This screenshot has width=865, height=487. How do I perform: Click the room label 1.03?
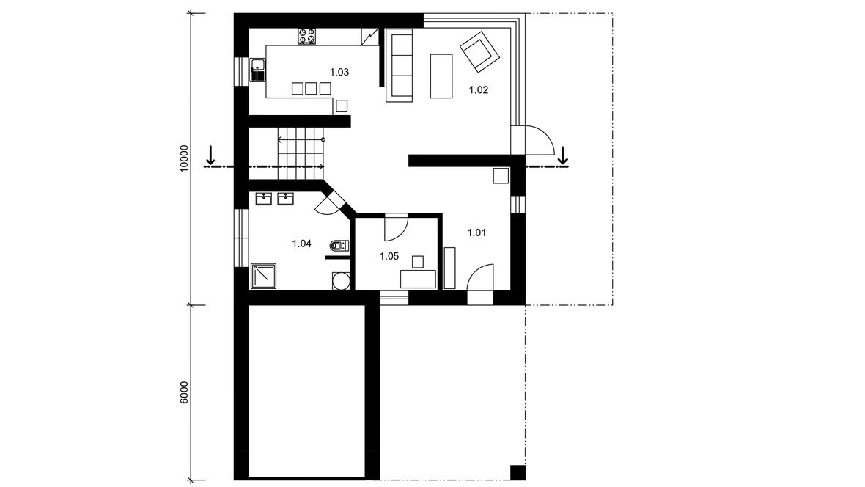click(x=339, y=72)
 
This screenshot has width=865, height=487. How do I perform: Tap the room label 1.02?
click(x=478, y=90)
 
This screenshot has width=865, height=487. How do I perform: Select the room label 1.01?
click(x=476, y=232)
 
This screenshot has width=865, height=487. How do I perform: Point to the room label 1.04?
click(x=302, y=243)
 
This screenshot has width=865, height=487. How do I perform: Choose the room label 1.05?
click(x=389, y=256)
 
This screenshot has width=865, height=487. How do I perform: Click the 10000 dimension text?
click(x=184, y=159)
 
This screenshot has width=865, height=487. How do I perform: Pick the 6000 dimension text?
click(x=184, y=392)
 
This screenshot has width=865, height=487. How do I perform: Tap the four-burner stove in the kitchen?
click(x=307, y=37)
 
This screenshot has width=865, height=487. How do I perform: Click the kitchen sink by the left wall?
click(x=257, y=70)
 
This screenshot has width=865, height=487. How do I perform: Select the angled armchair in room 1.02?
click(x=479, y=52)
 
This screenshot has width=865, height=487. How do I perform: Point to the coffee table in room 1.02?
click(x=441, y=76)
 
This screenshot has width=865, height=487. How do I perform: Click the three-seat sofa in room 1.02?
click(x=399, y=66)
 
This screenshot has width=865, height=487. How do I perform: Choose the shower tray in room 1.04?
click(x=264, y=276)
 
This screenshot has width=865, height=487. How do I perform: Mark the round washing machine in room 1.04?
click(x=341, y=280)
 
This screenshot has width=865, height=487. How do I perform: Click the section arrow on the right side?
click(x=563, y=155)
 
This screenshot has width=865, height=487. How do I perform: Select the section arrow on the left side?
click(x=210, y=155)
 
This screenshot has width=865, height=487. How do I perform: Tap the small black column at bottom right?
click(x=518, y=473)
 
